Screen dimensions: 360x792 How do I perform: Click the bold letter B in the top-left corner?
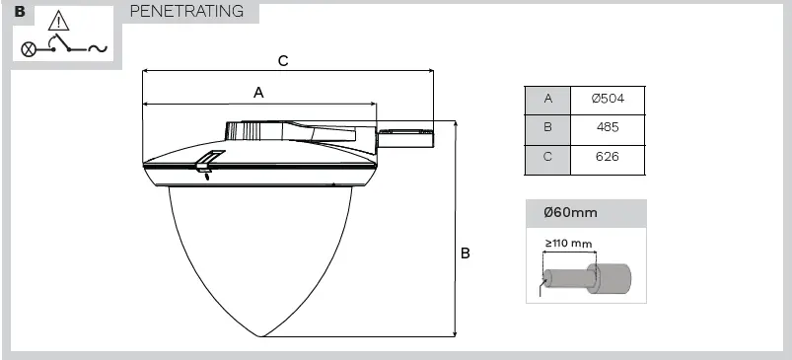20,13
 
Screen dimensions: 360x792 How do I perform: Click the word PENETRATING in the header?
187,12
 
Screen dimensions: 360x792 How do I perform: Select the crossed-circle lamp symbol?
29,48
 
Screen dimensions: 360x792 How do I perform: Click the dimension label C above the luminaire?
283,60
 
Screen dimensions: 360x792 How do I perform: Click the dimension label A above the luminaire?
258,92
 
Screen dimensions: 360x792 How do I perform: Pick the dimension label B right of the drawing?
465,253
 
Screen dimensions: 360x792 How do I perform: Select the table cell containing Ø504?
608,99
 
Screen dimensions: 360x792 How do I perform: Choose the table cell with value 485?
608,128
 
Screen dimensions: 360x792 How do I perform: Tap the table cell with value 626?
608,158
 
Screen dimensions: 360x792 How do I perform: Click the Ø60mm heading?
570,212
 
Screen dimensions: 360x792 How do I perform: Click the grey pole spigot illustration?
587,277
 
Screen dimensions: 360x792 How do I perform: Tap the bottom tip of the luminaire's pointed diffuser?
261,336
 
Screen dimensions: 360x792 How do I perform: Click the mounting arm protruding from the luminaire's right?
405,136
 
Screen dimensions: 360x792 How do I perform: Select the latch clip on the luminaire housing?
206,163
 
